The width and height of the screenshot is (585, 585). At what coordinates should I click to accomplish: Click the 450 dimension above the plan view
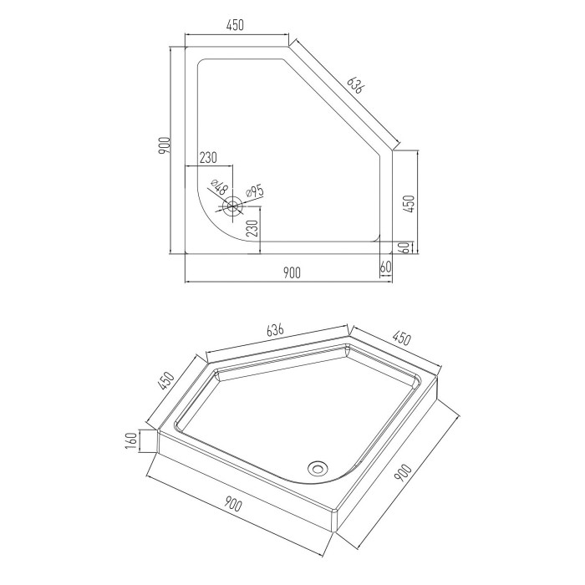(x=235, y=24)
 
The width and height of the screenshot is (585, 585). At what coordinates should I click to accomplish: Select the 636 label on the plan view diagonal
(x=354, y=85)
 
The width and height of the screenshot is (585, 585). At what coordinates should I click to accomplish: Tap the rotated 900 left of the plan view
(x=164, y=146)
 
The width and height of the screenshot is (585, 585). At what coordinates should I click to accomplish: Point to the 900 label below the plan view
(x=292, y=272)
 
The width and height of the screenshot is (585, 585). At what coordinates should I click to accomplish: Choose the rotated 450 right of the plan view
(x=409, y=204)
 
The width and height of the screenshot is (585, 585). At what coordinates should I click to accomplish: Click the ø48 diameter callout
(x=218, y=187)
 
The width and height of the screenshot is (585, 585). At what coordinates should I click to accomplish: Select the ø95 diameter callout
(x=255, y=191)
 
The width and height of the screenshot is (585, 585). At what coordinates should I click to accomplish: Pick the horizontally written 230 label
(x=208, y=158)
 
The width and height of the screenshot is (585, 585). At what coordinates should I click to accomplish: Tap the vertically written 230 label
(x=252, y=228)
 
